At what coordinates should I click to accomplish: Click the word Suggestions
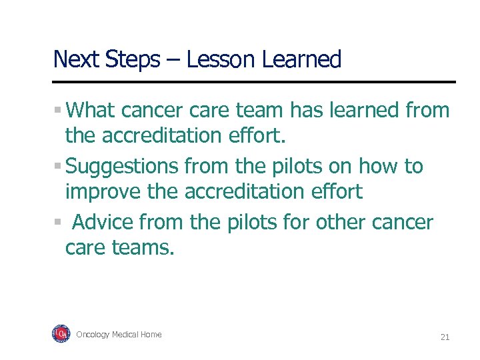coord(123,167)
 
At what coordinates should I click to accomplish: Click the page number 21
coord(445,337)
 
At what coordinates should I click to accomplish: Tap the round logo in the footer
coord(61,334)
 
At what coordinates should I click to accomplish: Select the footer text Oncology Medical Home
coord(119,335)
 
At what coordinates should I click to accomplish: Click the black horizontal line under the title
coord(254,82)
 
